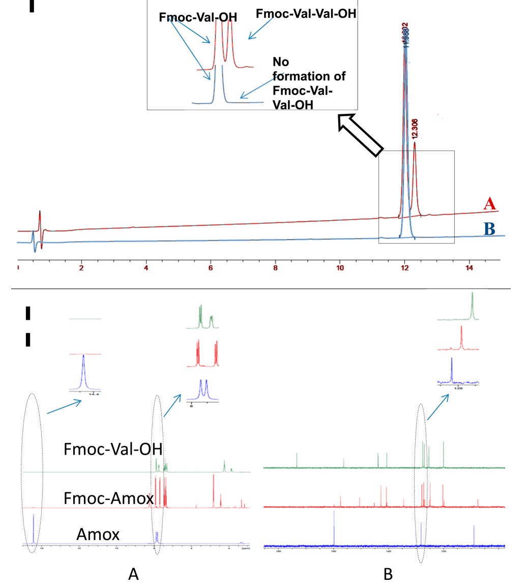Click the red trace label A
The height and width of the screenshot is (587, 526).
[489, 205]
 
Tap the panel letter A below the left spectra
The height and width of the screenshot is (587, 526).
[133, 574]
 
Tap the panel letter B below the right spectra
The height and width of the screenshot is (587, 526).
[388, 574]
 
